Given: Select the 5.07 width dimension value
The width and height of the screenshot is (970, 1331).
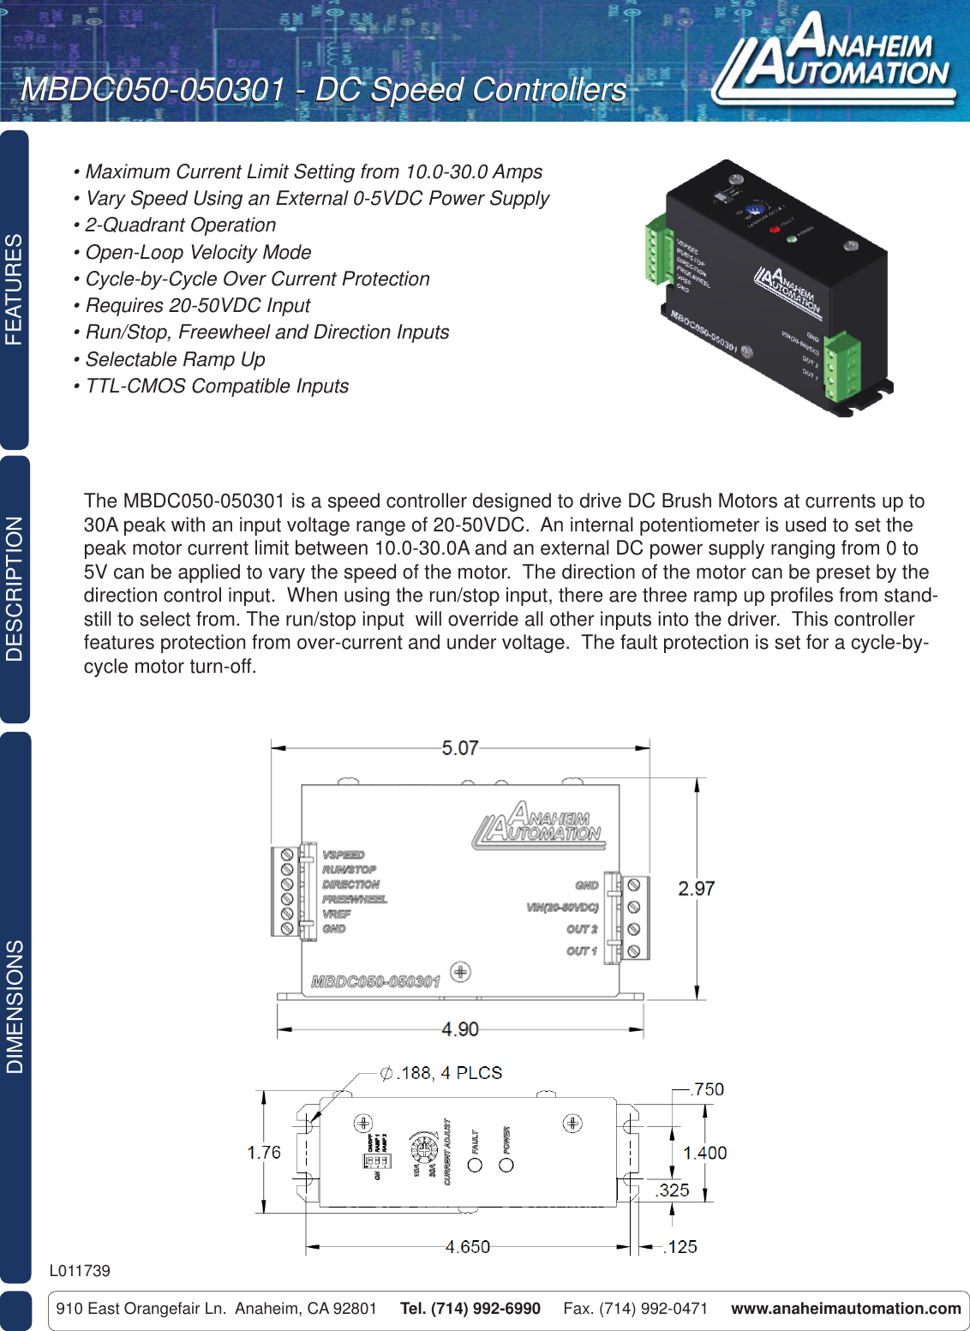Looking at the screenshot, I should pos(459,748).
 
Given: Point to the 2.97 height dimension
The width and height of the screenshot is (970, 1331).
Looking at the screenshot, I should pos(696,889).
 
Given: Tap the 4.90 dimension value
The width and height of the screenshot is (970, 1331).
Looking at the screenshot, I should pos(459,1028).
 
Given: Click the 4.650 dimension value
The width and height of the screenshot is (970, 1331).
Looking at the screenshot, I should pos(467,1246).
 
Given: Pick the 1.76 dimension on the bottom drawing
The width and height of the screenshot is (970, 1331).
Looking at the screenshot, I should pos(264,1153).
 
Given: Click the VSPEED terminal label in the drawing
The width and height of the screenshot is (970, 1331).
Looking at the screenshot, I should pos(344,854).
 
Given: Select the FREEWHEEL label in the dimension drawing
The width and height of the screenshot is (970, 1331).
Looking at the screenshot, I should pos(355,899).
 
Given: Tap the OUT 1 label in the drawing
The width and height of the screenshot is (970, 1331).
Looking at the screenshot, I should pos(582,950).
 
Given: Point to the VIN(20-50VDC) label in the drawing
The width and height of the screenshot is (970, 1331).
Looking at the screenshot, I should pos(562,907).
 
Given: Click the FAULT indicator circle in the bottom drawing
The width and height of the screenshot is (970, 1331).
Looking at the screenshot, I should pos(476,1166).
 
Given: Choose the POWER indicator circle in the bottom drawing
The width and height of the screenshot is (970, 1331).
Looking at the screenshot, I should pos(506,1166).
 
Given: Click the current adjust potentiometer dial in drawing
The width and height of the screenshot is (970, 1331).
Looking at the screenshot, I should pos(423,1147).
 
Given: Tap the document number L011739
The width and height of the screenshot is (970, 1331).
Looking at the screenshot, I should pos(80,1270).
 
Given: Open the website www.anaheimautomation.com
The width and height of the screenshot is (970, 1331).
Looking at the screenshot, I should pos(846,1309).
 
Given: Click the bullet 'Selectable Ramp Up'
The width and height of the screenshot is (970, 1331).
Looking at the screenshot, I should pos(175,359).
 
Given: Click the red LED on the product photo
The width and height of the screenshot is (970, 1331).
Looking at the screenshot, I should pos(775,229).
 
